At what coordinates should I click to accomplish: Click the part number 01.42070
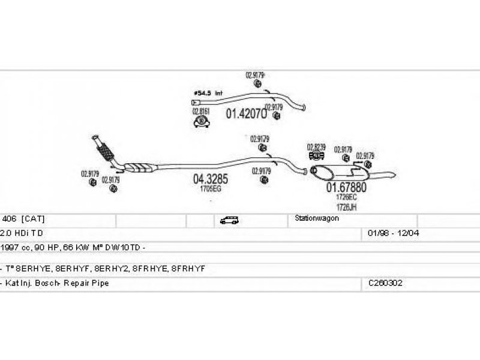pyautogui.click(x=246, y=113)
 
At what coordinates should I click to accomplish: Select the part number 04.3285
pyautogui.click(x=210, y=179)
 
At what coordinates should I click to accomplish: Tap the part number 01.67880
pyautogui.click(x=346, y=187)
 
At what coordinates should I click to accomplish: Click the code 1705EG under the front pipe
pyautogui.click(x=211, y=189)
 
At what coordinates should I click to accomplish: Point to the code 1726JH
pyautogui.click(x=346, y=206)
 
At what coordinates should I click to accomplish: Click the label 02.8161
pyautogui.click(x=200, y=111)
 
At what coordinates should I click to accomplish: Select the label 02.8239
pyautogui.click(x=316, y=147)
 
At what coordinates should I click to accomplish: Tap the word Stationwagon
pyautogui.click(x=317, y=218)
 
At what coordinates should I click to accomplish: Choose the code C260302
pyautogui.click(x=385, y=283)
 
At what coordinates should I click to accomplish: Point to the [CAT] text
pyautogui.click(x=33, y=219)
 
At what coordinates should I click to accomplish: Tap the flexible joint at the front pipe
pyautogui.click(x=104, y=151)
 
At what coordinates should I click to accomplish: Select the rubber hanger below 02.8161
pyautogui.click(x=201, y=122)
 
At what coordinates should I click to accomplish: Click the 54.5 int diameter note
pyautogui.click(x=208, y=93)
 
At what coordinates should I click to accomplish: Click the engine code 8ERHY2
pyautogui.click(x=121, y=268)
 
